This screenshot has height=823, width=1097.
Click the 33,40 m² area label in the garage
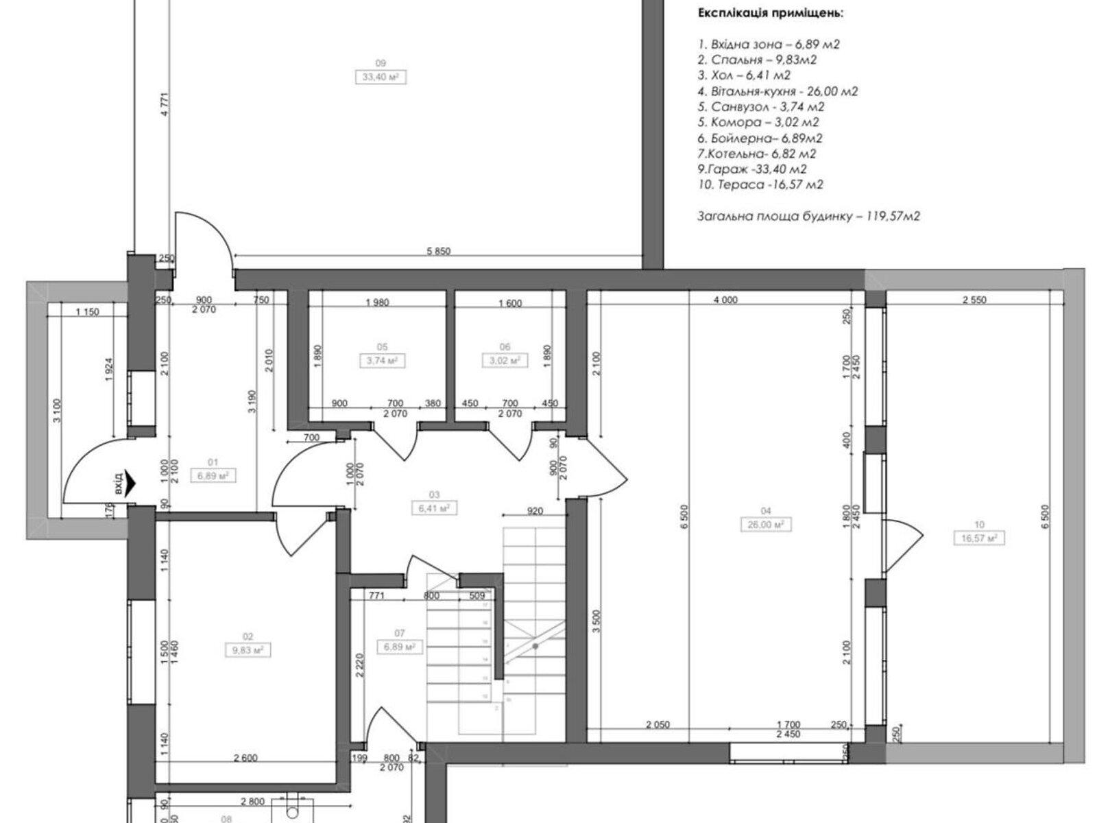[x=381, y=77]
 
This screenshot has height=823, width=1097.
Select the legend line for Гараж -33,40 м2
[x=752, y=169]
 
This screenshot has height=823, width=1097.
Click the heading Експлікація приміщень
[x=771, y=13]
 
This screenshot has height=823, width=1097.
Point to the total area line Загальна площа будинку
[x=808, y=216]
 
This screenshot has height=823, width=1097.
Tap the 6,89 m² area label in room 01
[x=213, y=475]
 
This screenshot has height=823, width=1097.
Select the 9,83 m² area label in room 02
[x=248, y=649]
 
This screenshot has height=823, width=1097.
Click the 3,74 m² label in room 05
[x=382, y=360]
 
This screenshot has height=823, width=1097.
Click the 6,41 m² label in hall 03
[x=434, y=508]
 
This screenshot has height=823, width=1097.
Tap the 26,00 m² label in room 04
[x=766, y=524]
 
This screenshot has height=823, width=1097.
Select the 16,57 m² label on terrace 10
[x=979, y=538]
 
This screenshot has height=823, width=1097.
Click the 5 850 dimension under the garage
[x=438, y=252]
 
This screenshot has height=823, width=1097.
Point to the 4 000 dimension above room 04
[x=725, y=300]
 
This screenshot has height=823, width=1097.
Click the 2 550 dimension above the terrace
[x=974, y=300]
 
